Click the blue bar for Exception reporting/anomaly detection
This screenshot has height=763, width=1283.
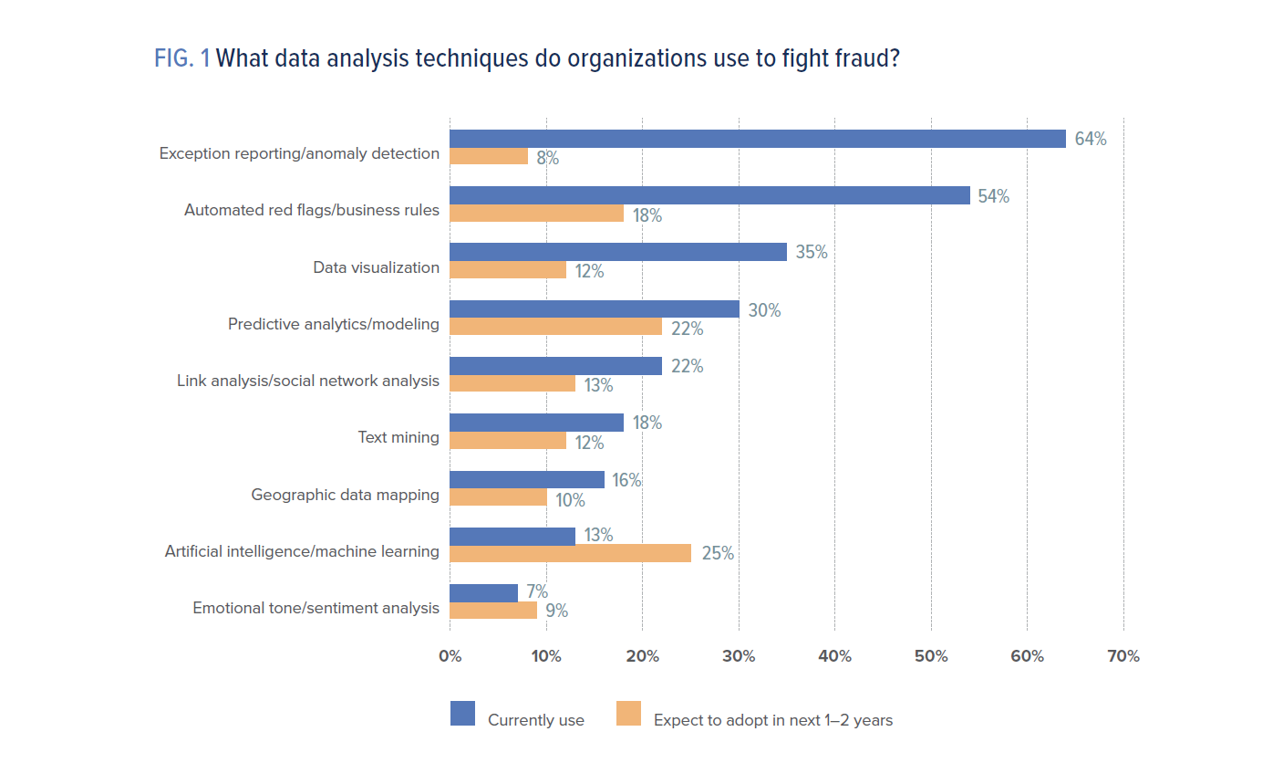pyautogui.click(x=757, y=139)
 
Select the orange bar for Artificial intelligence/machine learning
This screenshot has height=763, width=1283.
pyautogui.click(x=570, y=553)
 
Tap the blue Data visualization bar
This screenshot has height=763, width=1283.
pyautogui.click(x=617, y=252)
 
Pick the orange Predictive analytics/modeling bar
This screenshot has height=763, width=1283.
pyautogui.click(x=555, y=327)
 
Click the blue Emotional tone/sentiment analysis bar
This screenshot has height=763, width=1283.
pyautogui.click(x=483, y=592)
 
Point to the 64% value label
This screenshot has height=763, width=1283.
pyautogui.click(x=1090, y=140)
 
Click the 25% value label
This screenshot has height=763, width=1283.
pyautogui.click(x=717, y=553)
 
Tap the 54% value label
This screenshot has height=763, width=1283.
pyautogui.click(x=993, y=196)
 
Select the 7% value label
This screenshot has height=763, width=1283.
pyautogui.click(x=536, y=592)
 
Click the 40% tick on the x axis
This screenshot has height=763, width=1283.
pyautogui.click(x=834, y=656)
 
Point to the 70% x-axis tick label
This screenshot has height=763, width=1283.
pyautogui.click(x=1123, y=656)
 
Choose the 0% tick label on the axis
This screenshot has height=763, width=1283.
pyautogui.click(x=450, y=656)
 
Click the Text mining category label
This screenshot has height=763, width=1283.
pyautogui.click(x=398, y=437)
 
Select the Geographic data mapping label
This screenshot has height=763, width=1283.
pyautogui.click(x=345, y=495)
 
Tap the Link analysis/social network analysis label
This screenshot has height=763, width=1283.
pyautogui.click(x=307, y=381)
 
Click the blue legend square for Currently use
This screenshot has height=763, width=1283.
pyautogui.click(x=463, y=714)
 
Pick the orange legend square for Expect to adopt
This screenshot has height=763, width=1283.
pyautogui.click(x=629, y=714)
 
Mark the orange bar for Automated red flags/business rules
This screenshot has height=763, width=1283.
pyautogui.click(x=536, y=214)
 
